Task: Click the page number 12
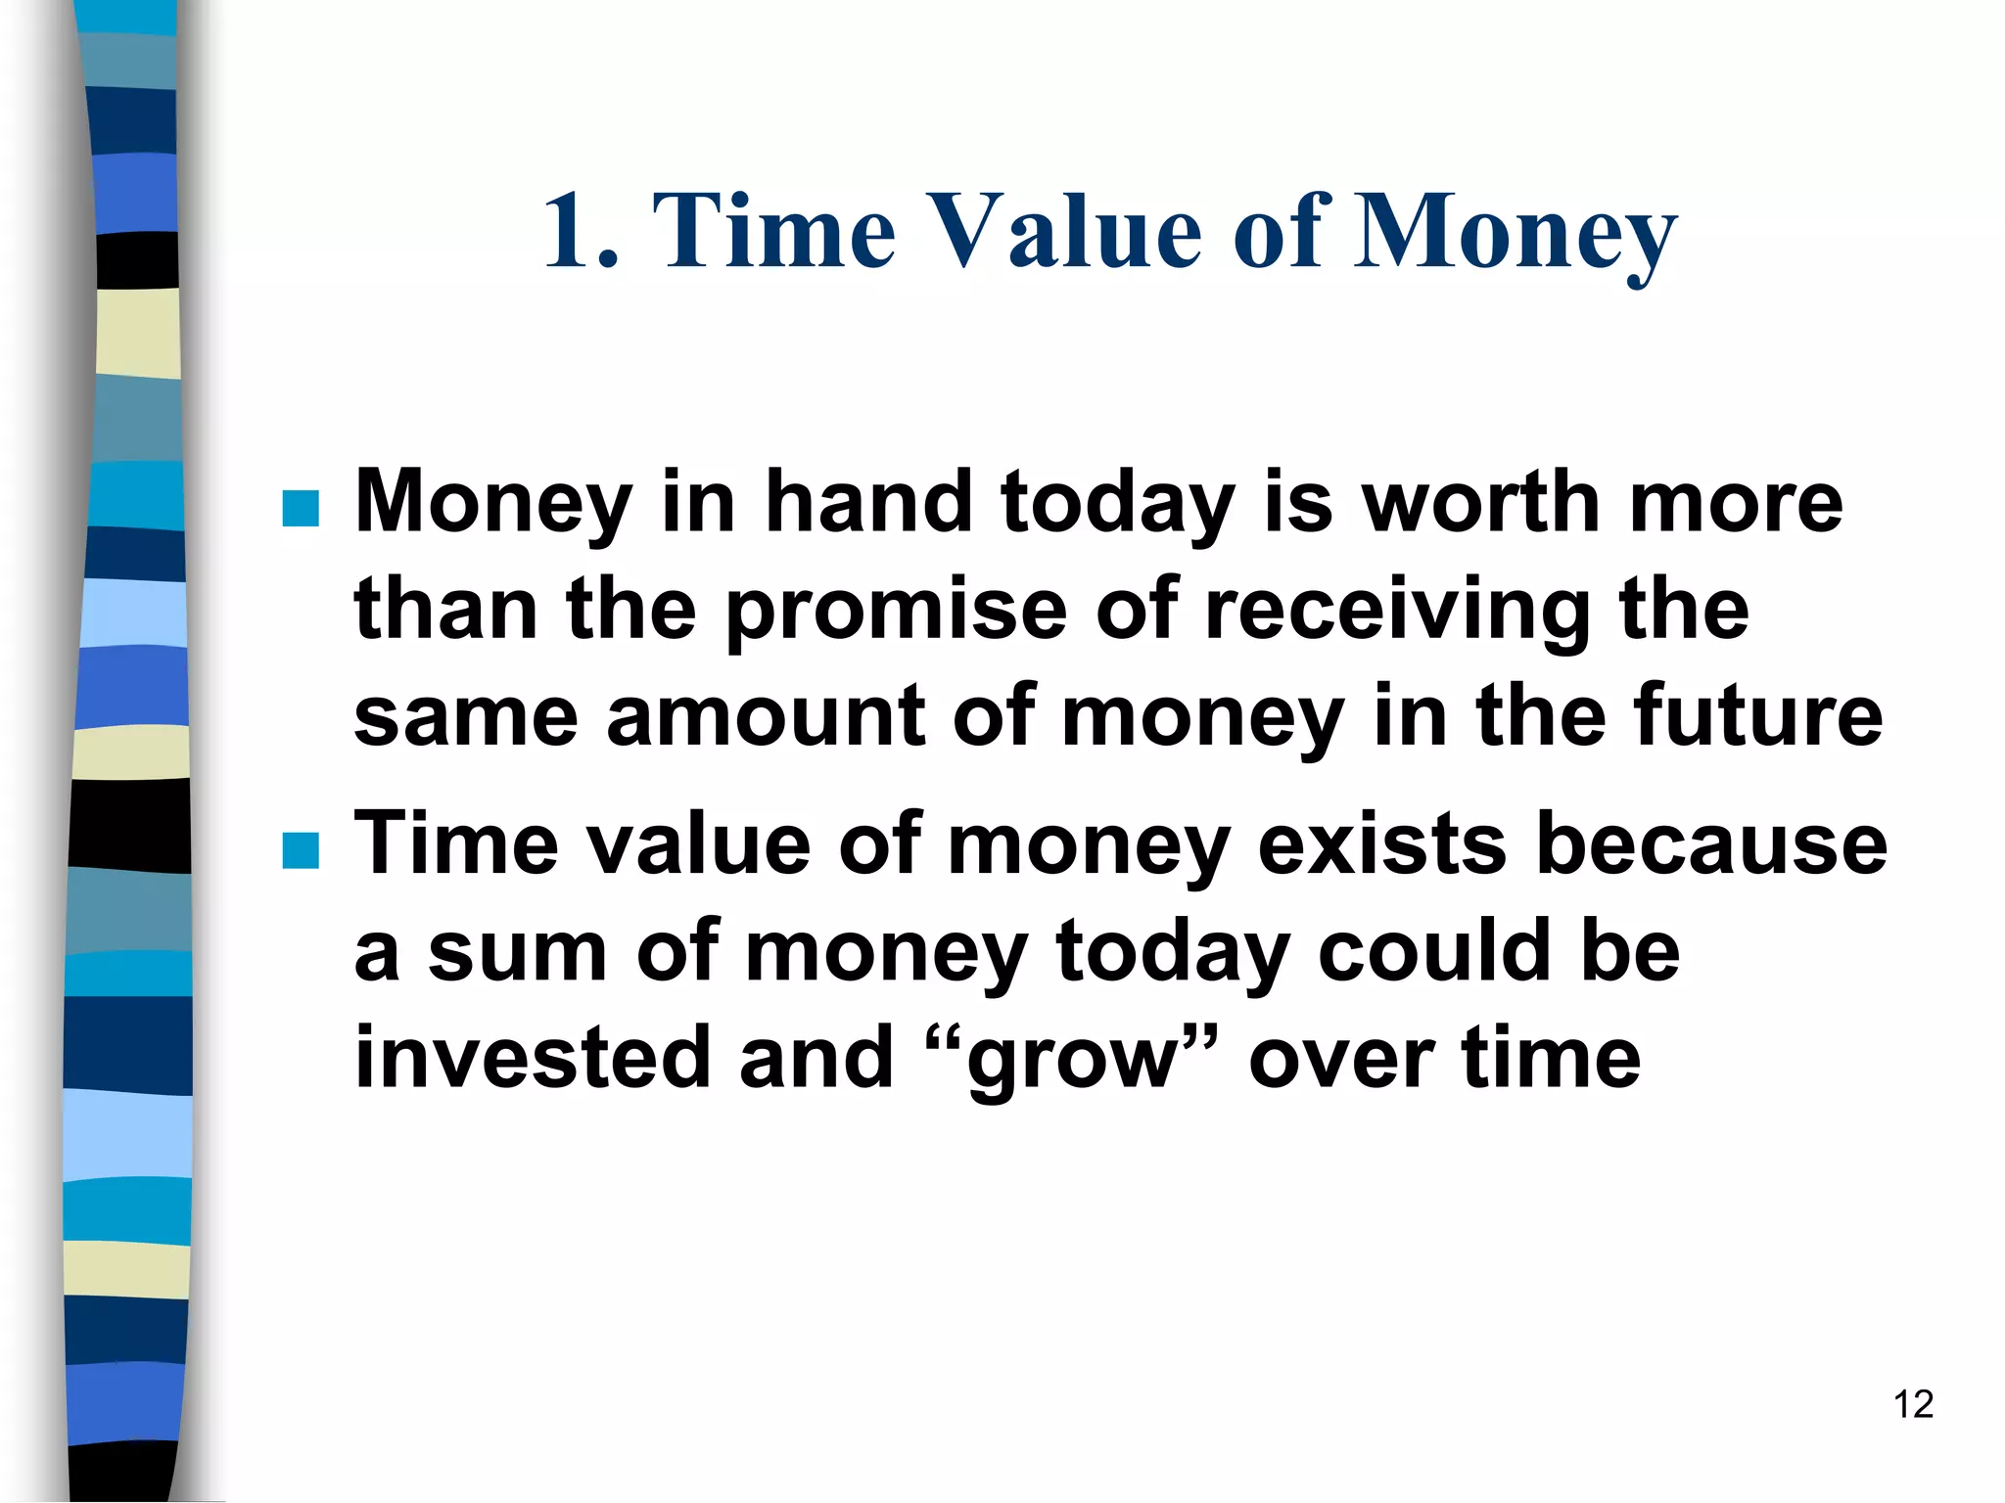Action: coord(1913,1404)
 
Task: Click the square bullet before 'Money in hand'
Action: coord(301,509)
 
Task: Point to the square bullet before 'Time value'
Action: coord(301,850)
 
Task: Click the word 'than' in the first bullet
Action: coord(445,609)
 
